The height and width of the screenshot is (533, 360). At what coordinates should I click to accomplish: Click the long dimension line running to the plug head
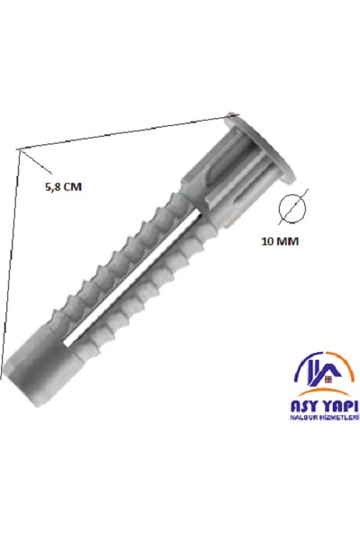click(126, 131)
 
